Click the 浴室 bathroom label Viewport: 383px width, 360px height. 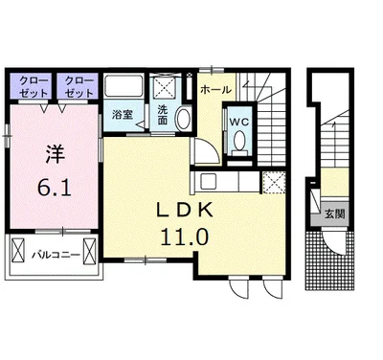(x=123, y=115)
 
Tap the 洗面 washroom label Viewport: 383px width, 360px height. (x=163, y=115)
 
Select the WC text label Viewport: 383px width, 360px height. (x=239, y=122)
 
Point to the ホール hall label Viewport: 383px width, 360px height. (x=215, y=90)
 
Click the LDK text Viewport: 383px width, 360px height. (x=185, y=211)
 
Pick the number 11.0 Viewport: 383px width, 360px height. (x=185, y=237)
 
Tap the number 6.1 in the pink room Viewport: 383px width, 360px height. (x=55, y=188)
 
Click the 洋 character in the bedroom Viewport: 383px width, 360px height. (x=55, y=155)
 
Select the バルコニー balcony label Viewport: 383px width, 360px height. (x=56, y=256)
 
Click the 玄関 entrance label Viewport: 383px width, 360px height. (x=335, y=214)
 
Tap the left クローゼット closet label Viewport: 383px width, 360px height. (x=34, y=86)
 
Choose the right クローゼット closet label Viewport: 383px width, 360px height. (x=79, y=86)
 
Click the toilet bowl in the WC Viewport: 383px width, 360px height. (x=239, y=140)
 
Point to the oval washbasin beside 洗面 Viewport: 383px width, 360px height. (x=183, y=118)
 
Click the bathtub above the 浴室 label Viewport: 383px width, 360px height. (x=124, y=85)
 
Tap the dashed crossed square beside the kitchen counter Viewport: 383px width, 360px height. (x=274, y=182)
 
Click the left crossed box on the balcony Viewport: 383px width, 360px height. (x=18, y=250)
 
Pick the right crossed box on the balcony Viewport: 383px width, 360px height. (x=89, y=251)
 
